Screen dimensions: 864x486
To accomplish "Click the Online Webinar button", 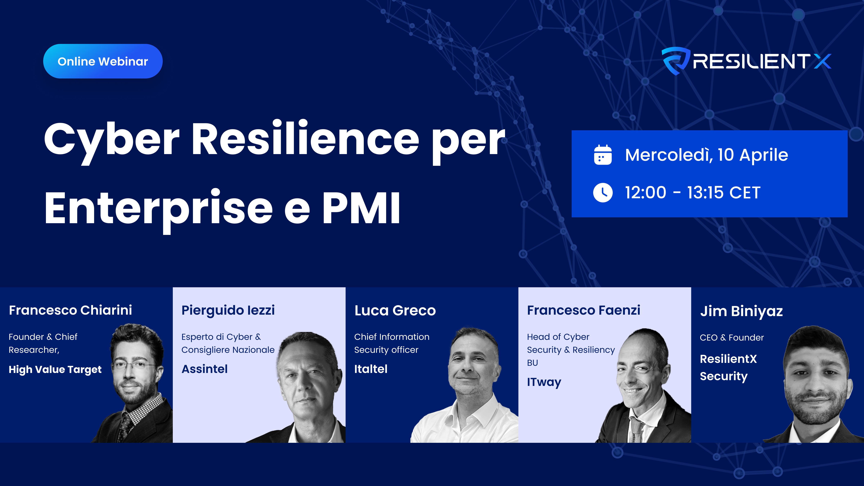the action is coord(103,61).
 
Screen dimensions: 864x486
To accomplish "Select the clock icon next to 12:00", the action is coord(603,193).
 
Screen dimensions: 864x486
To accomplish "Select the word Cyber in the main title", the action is coord(112,141).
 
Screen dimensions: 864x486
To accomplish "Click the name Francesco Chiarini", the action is coord(70,310).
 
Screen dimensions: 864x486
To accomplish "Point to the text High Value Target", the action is coord(55,370).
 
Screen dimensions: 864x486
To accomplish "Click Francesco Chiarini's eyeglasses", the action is coord(134,364).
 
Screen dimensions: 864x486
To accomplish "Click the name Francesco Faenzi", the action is coord(584,310).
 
